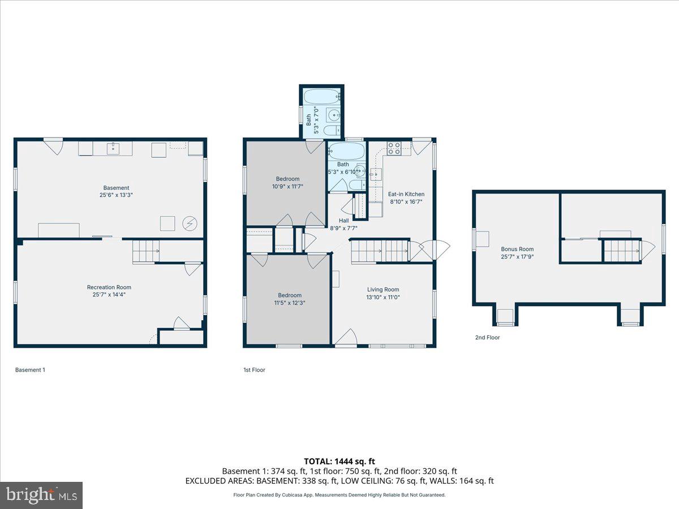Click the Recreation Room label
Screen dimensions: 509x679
109,287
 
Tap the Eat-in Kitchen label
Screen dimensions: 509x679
406,194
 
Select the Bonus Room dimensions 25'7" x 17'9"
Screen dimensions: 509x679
517,257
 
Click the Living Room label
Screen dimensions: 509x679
383,290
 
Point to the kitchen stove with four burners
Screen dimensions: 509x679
394,148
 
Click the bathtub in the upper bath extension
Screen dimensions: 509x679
323,96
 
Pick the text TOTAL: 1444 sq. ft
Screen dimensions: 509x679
339,461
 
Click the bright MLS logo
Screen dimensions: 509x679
41,495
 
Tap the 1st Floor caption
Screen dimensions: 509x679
253,370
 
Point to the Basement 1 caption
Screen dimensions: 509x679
30,370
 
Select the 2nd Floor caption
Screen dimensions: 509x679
487,338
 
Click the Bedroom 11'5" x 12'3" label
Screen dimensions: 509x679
289,299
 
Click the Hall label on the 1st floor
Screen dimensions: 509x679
344,221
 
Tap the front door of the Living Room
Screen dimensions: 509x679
345,338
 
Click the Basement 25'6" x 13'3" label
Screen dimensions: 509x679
116,191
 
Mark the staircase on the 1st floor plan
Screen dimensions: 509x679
379,251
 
